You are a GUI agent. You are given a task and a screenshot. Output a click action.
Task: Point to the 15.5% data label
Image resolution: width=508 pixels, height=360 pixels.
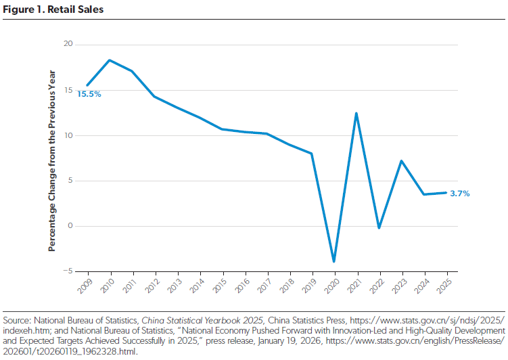click(89, 95)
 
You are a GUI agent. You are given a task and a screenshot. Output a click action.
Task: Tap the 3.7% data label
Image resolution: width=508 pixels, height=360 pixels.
click(459, 194)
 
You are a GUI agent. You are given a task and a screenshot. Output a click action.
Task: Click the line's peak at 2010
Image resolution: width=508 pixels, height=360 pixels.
click(110, 60)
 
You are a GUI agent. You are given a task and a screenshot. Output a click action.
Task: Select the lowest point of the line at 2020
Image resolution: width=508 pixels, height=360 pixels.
click(333, 261)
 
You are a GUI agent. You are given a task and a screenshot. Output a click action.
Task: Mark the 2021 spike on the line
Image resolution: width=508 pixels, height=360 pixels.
click(356, 113)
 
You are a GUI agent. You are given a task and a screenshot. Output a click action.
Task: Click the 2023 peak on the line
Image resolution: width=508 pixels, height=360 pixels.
click(401, 161)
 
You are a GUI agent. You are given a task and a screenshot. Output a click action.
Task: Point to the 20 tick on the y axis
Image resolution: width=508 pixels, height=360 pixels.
click(68, 45)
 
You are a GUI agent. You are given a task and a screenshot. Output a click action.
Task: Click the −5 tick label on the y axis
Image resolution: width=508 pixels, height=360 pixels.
click(68, 271)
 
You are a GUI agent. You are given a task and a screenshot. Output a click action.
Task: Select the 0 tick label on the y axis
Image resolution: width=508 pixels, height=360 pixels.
click(70, 226)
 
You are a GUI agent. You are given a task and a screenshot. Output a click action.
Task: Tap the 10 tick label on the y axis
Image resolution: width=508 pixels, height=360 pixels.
click(68, 135)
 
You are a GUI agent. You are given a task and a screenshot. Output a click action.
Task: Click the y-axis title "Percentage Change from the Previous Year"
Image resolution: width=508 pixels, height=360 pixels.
click(52, 160)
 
